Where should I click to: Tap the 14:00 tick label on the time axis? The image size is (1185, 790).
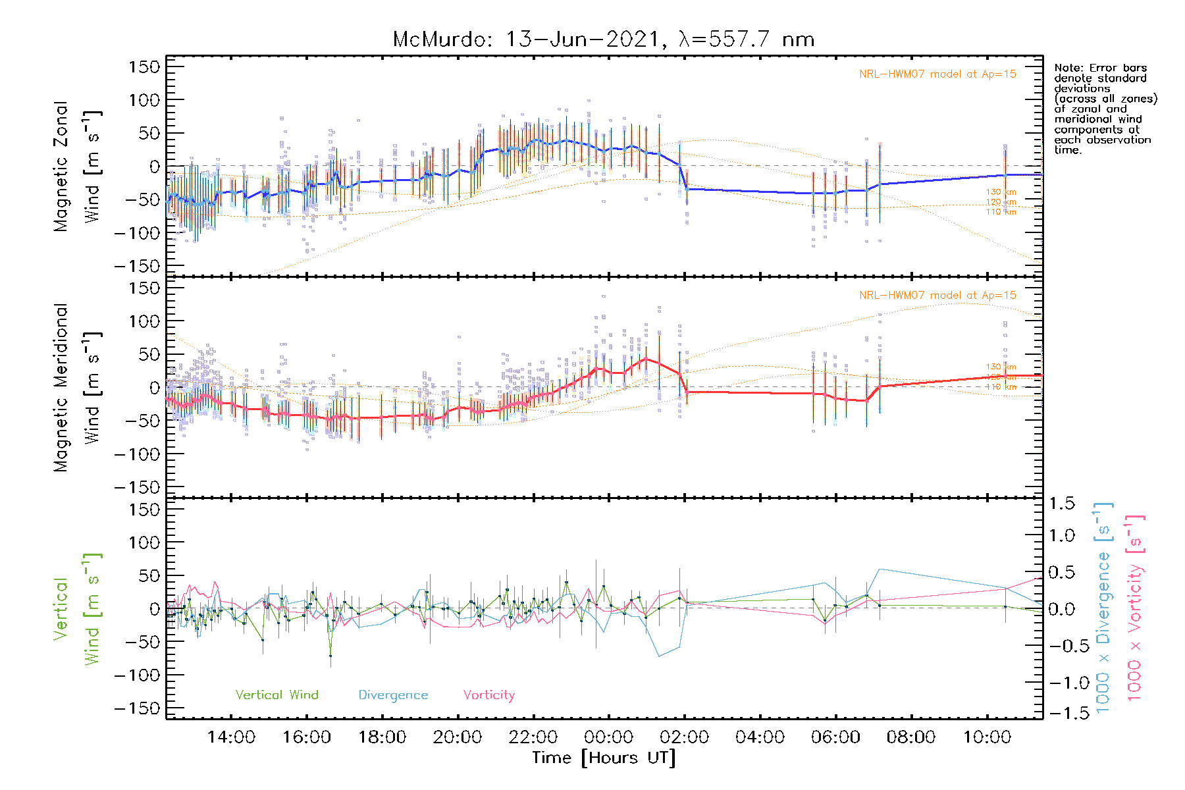[x=231, y=737]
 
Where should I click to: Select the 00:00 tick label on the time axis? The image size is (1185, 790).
[x=608, y=737]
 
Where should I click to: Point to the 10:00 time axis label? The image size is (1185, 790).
[x=986, y=737]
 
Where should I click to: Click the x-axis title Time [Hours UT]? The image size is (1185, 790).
[x=604, y=758]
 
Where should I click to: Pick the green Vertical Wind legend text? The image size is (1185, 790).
[x=276, y=695]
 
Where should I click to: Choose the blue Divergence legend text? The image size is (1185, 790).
[x=393, y=695]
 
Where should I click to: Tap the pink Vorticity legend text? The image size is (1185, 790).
[x=488, y=695]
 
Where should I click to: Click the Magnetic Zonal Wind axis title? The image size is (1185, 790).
[x=77, y=167]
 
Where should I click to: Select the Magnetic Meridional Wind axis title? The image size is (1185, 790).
[x=77, y=388]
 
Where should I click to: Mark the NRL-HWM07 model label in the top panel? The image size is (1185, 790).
[x=937, y=74]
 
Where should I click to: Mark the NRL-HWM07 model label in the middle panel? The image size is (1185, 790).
[x=937, y=296]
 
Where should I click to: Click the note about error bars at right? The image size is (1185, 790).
[x=1105, y=109]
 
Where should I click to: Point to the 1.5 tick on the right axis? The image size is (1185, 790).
[x=1061, y=504]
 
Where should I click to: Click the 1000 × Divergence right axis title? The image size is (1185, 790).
[x=1103, y=608]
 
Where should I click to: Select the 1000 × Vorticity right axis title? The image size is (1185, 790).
[x=1135, y=608]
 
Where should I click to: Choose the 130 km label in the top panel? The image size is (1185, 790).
[x=1001, y=192]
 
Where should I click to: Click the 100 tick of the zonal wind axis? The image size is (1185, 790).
[x=145, y=100]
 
